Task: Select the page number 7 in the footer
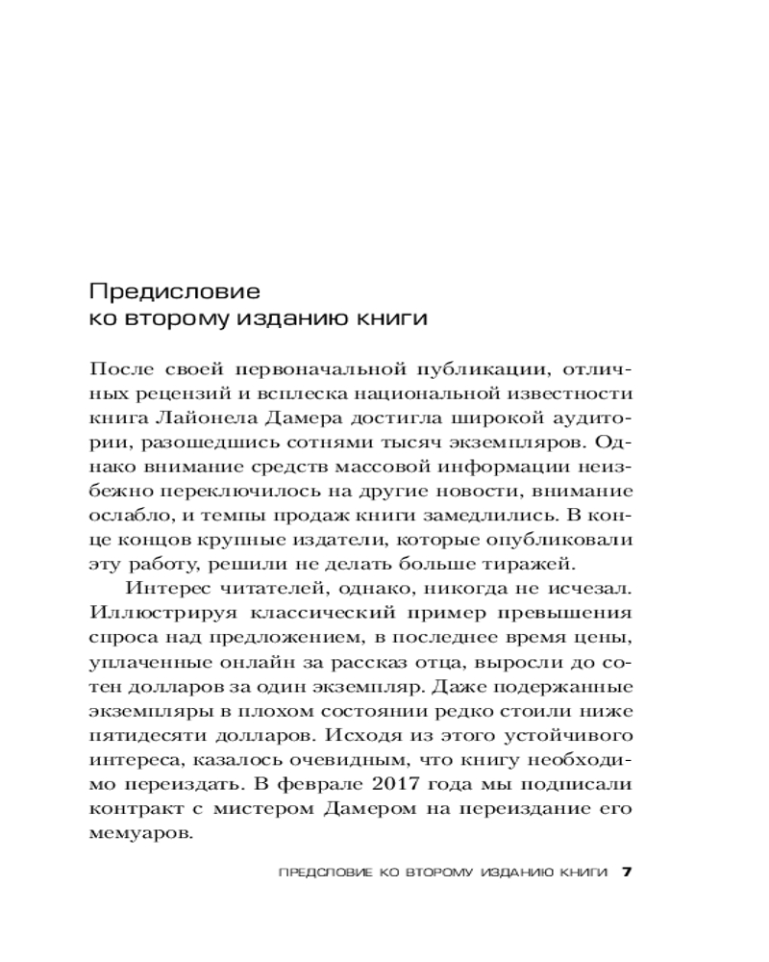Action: [x=626, y=873]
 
